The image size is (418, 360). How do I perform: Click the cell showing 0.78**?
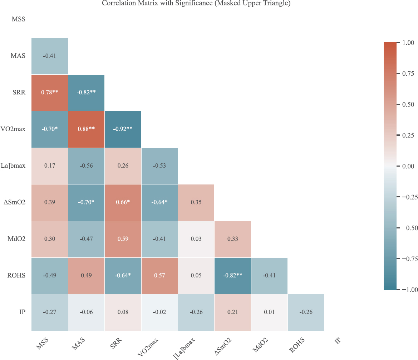49,93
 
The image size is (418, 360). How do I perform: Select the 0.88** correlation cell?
86,129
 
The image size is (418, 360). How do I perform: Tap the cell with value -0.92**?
123,129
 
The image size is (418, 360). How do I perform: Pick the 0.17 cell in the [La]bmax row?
49,166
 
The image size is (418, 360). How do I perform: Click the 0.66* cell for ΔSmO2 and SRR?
123,202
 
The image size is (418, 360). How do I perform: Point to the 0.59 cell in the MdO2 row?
123,239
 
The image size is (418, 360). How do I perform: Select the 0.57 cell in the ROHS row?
159,276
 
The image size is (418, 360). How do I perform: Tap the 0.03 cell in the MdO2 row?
196,239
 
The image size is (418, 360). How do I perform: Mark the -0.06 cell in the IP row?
86,312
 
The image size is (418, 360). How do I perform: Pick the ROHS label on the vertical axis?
17,276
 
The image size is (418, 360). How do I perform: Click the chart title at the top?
196,4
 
